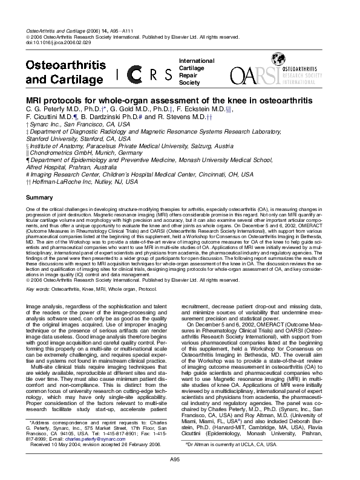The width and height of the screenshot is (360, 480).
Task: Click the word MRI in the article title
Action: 36,99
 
